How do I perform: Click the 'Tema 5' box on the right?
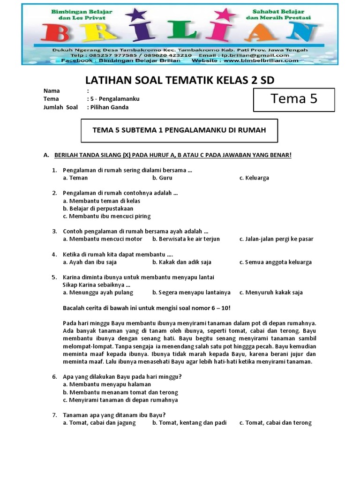pyautogui.click(x=294, y=99)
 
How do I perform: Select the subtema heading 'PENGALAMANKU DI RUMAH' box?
pyautogui.click(x=179, y=130)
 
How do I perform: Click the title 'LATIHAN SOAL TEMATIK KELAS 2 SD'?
pyautogui.click(x=180, y=80)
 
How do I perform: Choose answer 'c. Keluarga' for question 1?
pyautogui.click(x=254, y=178)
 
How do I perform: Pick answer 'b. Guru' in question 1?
pyautogui.click(x=162, y=178)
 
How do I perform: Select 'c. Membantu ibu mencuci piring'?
pyautogui.click(x=107, y=216)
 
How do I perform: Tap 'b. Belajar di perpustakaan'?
pyautogui.click(x=98, y=209)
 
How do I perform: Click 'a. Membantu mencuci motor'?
pyautogui.click(x=102, y=239)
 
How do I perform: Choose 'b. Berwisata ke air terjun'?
pyautogui.click(x=186, y=239)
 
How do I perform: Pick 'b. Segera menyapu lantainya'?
pyautogui.click(x=191, y=292)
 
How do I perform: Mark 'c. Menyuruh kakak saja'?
pyautogui.click(x=271, y=292)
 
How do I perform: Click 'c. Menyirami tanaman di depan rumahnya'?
pyautogui.click(x=120, y=400)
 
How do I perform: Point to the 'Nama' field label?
pyautogui.click(x=52, y=91)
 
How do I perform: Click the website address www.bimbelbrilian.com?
pyautogui.click(x=261, y=60)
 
